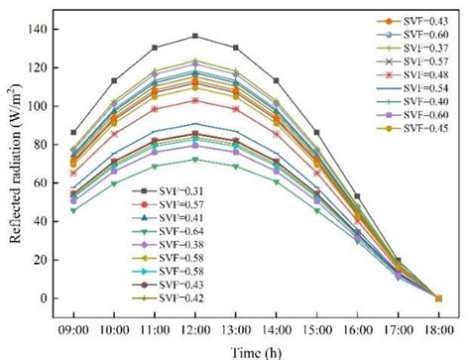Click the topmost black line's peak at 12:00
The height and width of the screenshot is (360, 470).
pos(194,36)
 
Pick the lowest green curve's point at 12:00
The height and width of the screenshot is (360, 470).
pos(194,159)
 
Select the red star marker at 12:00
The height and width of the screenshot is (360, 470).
pos(194,100)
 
